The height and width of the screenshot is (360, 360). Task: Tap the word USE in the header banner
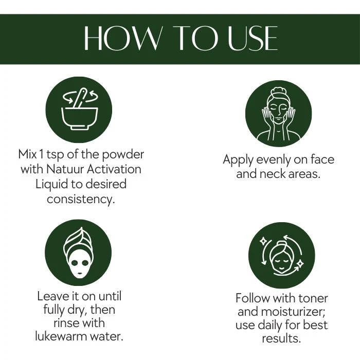coord(253,39)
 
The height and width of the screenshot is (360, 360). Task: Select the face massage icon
coord(279,114)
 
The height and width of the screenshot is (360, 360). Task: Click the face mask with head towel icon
coord(78,253)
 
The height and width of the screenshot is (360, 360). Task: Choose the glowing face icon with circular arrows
coord(282,255)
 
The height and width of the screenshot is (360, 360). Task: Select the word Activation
coord(114,169)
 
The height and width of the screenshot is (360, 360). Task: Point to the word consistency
coord(81,199)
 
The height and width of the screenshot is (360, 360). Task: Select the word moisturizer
coord(293,312)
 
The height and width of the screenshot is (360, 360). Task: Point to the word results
coord(281,338)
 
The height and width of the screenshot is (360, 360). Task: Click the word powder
coord(123,154)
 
